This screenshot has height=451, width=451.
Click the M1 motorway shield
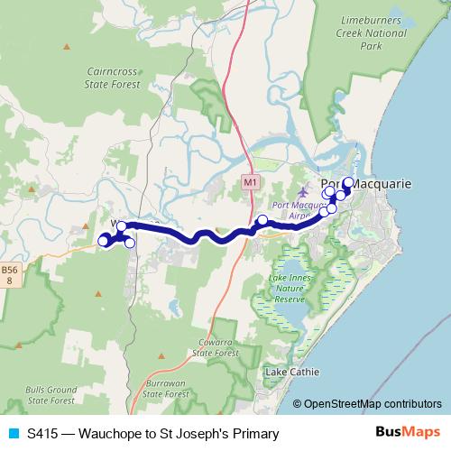point(251,183)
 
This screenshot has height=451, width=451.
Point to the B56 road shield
point(9,270)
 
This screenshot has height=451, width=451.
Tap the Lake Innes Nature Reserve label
point(290,287)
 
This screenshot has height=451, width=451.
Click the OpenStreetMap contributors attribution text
point(374,405)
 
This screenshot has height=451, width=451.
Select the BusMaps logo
point(409,434)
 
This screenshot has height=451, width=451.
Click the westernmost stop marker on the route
point(103,241)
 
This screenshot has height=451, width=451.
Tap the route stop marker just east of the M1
point(262,220)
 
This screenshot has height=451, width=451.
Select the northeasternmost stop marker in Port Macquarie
point(348,183)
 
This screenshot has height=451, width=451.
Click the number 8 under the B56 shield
point(9,281)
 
